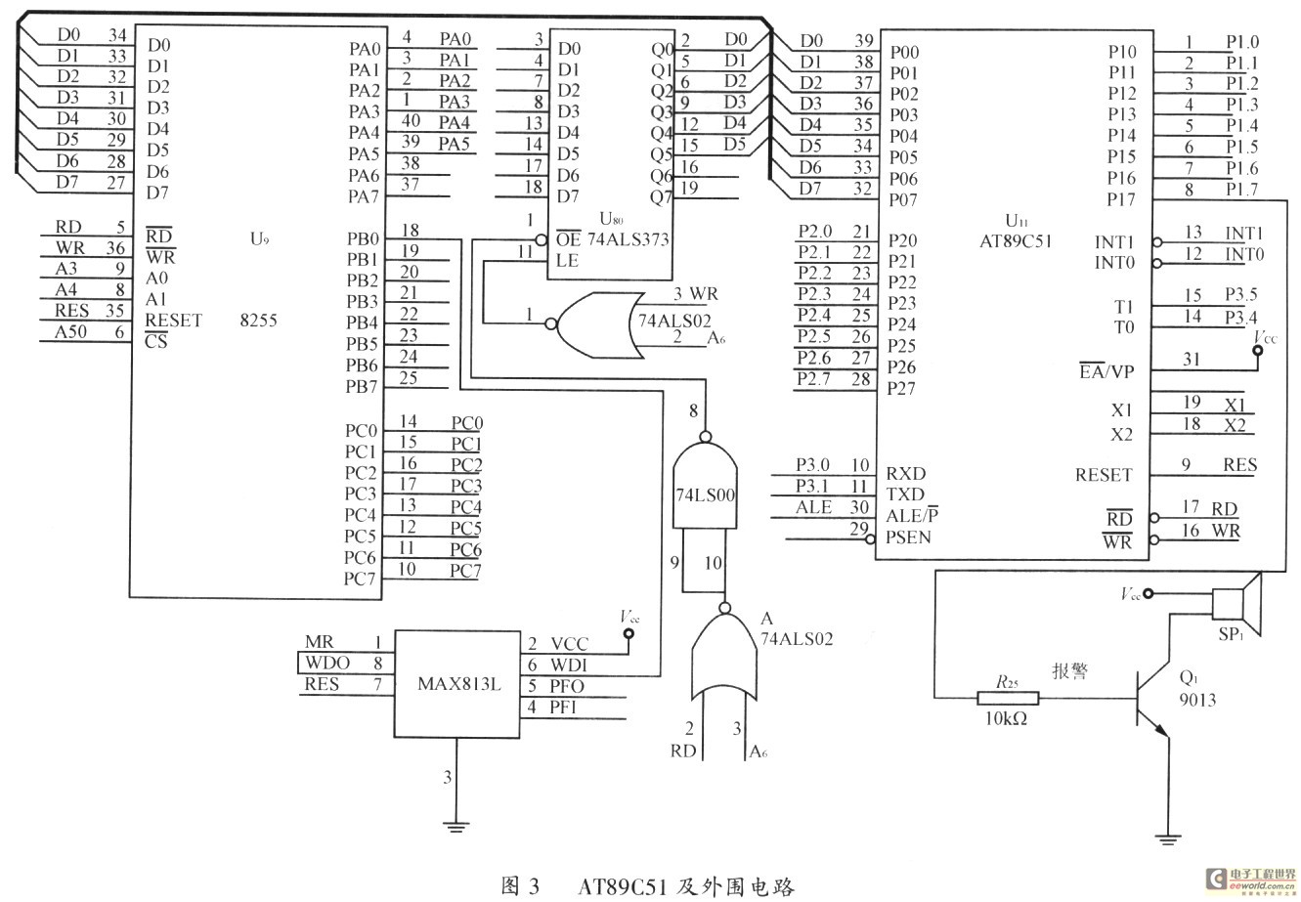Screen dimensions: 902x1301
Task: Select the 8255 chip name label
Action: tap(258, 319)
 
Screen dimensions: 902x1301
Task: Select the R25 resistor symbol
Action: tap(1008, 698)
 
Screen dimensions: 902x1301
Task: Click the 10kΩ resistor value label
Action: tap(1007, 720)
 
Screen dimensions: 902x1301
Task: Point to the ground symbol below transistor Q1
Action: tap(1167, 837)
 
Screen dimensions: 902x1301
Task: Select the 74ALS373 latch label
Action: tap(628, 238)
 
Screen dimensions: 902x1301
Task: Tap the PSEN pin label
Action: tap(908, 537)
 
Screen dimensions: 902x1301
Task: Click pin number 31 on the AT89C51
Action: tap(1192, 359)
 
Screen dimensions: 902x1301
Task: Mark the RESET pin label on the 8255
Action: tap(173, 320)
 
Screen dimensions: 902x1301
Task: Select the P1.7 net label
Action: tap(1241, 189)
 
